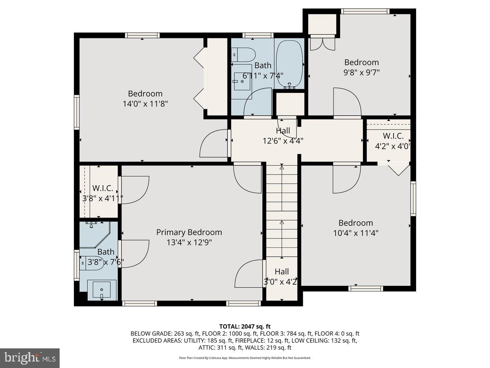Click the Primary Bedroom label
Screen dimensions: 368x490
click(x=189, y=232)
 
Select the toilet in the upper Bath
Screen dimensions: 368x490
click(x=243, y=54)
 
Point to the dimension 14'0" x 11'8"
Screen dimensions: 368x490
click(x=145, y=104)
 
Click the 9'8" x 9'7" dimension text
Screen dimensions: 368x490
click(x=361, y=72)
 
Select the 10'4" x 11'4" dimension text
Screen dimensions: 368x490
click(x=356, y=233)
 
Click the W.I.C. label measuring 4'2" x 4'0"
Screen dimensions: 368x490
click(x=393, y=136)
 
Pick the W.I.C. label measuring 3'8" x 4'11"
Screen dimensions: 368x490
click(x=102, y=188)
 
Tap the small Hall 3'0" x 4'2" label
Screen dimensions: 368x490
click(x=281, y=272)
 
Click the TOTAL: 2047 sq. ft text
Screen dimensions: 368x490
click(x=245, y=326)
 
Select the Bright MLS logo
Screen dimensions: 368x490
click(x=30, y=358)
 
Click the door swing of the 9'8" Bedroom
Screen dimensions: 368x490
click(x=347, y=102)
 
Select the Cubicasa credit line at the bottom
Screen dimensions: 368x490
click(x=245, y=358)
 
